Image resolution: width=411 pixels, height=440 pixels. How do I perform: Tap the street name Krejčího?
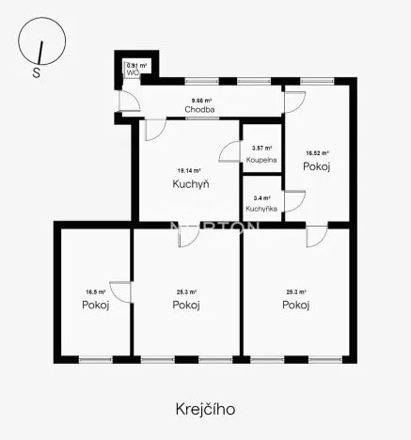click(204, 409)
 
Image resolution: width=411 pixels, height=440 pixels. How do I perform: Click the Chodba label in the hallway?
click(198, 110)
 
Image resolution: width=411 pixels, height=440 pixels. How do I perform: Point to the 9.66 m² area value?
click(201, 100)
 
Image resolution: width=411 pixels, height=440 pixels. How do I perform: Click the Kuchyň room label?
click(191, 183)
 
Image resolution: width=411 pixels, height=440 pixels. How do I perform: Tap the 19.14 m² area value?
click(190, 170)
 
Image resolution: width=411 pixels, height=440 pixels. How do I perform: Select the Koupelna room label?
click(262, 161)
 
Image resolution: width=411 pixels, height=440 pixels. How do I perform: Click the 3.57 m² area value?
click(262, 149)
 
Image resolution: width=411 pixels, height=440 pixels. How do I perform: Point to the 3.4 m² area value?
click(262, 198)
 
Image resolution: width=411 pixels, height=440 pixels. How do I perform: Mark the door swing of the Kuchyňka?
click(294, 201)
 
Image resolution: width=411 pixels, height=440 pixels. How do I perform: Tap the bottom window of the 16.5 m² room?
click(94, 358)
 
